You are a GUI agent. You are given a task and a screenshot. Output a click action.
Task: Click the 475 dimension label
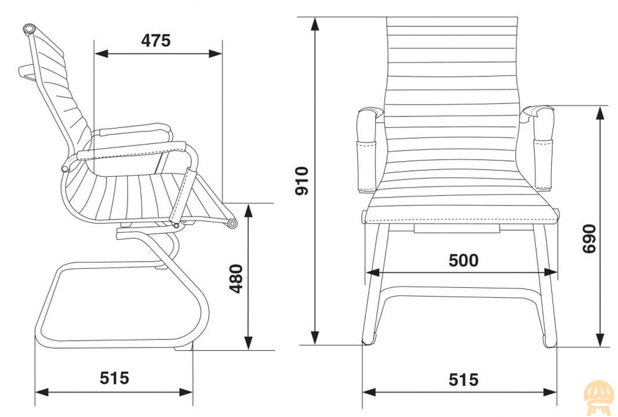click(x=156, y=41)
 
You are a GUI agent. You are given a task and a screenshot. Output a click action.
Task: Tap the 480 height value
click(x=237, y=279)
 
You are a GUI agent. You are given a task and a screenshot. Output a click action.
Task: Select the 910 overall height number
click(x=302, y=181)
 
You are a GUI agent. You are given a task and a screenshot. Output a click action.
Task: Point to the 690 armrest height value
click(x=589, y=239)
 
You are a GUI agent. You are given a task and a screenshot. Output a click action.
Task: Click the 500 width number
click(x=464, y=260)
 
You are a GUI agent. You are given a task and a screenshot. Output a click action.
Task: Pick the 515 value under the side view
click(x=114, y=378)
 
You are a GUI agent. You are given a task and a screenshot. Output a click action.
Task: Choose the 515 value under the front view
click(x=464, y=380)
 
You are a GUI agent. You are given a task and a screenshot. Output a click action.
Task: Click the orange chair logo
click(x=599, y=398)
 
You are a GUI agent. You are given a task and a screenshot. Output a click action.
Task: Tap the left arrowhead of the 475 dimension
click(x=101, y=53)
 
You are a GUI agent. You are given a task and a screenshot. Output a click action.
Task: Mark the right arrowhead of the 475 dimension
click(x=216, y=53)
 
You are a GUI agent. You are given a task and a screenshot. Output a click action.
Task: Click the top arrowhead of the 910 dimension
click(x=315, y=24)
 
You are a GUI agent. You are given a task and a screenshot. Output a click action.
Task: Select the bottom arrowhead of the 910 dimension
click(x=315, y=338)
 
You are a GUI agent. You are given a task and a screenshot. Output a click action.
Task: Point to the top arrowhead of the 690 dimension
click(x=600, y=112)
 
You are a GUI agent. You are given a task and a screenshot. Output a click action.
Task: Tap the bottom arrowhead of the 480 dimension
click(x=248, y=343)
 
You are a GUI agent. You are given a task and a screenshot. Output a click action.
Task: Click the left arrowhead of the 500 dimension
click(x=373, y=272)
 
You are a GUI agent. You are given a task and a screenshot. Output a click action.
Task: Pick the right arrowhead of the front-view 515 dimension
click(x=550, y=392)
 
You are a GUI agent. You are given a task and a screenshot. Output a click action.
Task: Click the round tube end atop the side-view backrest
click(x=29, y=29)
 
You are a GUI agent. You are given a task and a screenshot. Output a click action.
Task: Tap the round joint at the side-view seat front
click(x=232, y=224)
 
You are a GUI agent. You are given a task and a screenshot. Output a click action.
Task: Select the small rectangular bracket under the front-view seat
click(x=457, y=228)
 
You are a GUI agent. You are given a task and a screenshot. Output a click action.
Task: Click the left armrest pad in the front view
click(x=367, y=152)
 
